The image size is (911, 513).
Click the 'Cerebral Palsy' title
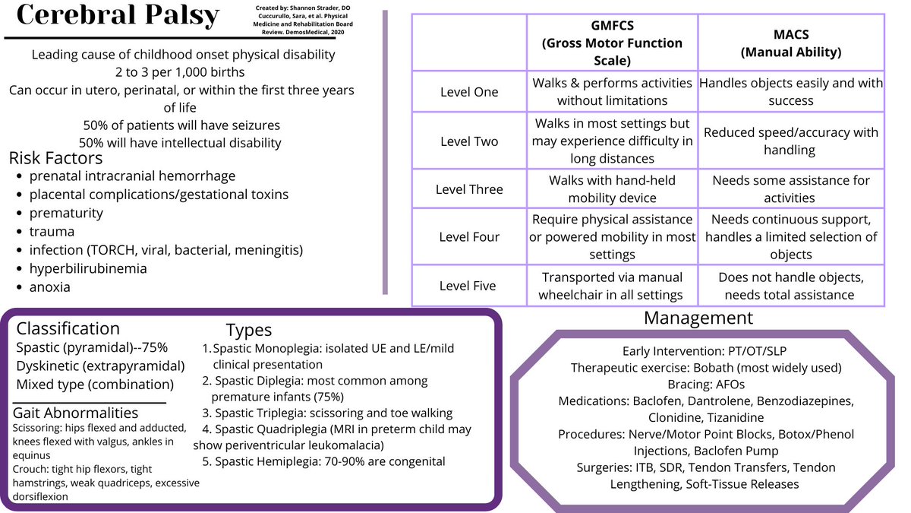click(x=118, y=15)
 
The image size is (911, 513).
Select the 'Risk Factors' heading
click(x=55, y=158)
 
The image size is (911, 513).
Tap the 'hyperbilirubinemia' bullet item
click(x=88, y=269)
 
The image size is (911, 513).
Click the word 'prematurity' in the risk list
click(x=66, y=214)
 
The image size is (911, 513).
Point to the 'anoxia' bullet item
click(x=49, y=287)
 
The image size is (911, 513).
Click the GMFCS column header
click(x=612, y=43)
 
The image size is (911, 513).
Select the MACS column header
click(x=791, y=43)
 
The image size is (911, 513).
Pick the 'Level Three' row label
click(x=469, y=189)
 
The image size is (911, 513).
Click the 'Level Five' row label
click(x=468, y=286)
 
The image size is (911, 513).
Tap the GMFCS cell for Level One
click(x=612, y=92)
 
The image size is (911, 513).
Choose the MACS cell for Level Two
click(x=790, y=141)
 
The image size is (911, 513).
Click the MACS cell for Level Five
click(x=790, y=286)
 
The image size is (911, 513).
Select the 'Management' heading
click(x=698, y=318)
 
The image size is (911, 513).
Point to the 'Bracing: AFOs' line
click(x=706, y=385)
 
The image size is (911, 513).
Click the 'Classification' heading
click(x=68, y=328)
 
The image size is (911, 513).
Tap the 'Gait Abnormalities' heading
click(x=76, y=413)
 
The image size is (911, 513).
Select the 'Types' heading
click(x=249, y=330)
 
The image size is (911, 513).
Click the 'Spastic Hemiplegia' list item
click(x=323, y=462)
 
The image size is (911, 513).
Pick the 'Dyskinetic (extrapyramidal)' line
click(x=100, y=366)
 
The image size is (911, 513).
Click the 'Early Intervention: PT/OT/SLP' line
click(x=705, y=351)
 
